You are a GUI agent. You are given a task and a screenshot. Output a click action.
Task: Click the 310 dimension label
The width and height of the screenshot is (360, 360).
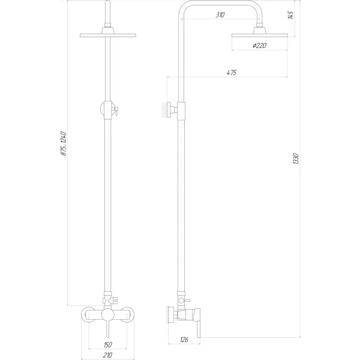coord(220,15)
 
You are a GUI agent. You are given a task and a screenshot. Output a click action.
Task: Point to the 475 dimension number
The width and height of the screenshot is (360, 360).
coord(232,73)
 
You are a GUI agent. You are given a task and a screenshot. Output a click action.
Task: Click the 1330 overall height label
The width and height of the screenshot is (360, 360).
coord(295,160)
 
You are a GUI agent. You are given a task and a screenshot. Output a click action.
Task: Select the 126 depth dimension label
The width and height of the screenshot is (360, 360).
coord(184,340)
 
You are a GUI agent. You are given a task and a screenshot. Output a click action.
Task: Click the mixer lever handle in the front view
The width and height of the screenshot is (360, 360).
coord(107,329)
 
